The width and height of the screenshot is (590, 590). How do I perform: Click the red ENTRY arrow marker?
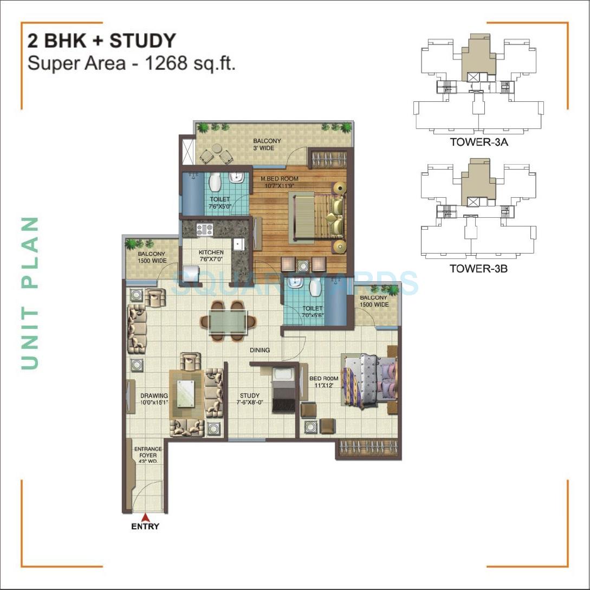tap(145, 517)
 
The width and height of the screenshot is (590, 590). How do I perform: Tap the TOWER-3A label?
tap(478, 143)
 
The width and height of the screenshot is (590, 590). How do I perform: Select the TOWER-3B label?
tap(478, 268)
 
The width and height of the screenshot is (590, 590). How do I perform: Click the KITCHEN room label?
tap(211, 252)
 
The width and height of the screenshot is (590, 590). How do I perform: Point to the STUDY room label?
tap(249, 396)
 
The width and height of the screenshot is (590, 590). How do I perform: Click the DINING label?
tap(260, 350)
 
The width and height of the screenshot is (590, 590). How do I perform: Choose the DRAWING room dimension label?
tap(154, 402)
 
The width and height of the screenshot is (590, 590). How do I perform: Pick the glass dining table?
tap(223, 321)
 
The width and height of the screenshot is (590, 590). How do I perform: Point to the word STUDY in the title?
tap(143, 41)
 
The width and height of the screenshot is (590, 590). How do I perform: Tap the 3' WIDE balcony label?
tap(267, 148)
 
